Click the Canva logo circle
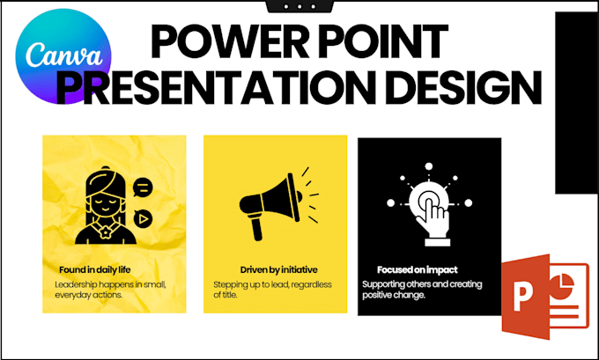[x=63, y=56]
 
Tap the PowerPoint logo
[x=545, y=297]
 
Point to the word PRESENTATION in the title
[x=216, y=87]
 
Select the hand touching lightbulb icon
[x=429, y=204]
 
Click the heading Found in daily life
[x=95, y=270]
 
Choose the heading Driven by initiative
[x=279, y=270]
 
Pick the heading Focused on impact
[x=418, y=270]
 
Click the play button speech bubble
[x=143, y=219]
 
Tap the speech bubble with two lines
[x=143, y=187]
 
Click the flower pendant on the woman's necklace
[x=106, y=231]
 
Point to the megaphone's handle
[x=255, y=228]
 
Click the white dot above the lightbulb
[x=429, y=166]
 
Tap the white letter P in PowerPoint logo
[x=522, y=297]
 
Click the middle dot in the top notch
[x=299, y=6]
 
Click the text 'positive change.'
[x=394, y=295]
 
